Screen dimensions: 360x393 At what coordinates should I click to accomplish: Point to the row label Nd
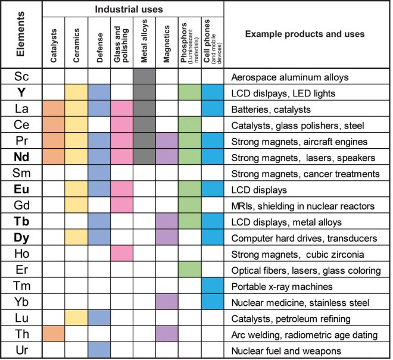(x=21, y=158)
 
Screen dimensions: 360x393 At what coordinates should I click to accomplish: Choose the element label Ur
(x=21, y=350)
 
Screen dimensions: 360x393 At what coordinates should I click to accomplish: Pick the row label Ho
(x=21, y=254)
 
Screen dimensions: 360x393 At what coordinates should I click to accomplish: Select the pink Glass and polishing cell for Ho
(x=121, y=254)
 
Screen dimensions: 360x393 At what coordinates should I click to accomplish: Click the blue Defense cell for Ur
(x=99, y=350)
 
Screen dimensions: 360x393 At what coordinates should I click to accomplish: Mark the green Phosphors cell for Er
(x=189, y=270)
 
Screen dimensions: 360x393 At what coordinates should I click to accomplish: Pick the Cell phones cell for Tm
(x=212, y=286)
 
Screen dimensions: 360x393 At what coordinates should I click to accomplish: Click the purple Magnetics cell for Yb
(x=167, y=302)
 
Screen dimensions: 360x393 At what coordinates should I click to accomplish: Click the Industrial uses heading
(x=133, y=10)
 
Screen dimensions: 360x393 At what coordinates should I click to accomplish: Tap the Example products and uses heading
(x=305, y=34)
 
